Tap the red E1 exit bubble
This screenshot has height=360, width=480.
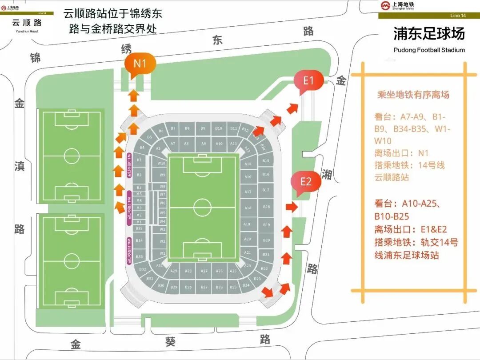(308, 81)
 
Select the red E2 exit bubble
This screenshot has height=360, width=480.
(306, 182)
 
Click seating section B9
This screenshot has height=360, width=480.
(203, 128)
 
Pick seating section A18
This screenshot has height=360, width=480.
(248, 208)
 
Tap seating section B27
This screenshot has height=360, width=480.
(204, 287)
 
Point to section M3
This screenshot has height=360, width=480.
(139, 208)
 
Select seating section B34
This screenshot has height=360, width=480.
(140, 241)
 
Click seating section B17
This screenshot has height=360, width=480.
(266, 190)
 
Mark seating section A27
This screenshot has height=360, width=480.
(204, 271)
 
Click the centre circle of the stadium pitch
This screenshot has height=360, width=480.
(203, 208)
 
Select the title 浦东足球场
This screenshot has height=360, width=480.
(429, 34)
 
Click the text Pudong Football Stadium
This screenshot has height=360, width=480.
(429, 50)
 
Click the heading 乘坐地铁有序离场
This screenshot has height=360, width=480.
(413, 95)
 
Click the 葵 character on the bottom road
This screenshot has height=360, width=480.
(171, 342)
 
